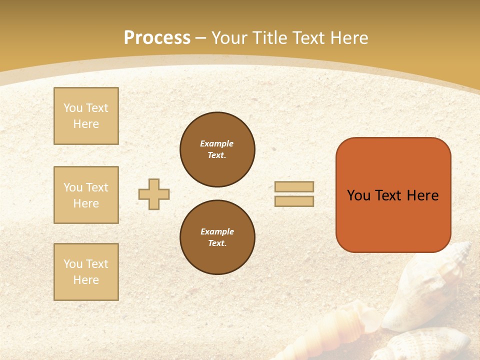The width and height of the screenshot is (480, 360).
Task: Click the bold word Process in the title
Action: [157, 38]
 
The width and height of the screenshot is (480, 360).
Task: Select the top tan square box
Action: [86, 116]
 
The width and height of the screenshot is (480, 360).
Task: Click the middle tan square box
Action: [86, 195]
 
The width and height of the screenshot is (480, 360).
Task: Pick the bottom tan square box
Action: [86, 272]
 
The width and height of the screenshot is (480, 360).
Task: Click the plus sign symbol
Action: [154, 194]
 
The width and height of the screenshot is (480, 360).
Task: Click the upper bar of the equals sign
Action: [294, 186]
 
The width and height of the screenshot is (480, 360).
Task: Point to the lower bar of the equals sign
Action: [294, 201]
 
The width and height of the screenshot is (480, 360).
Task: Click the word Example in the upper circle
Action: [217, 143]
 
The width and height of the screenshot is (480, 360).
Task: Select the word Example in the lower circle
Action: [217, 231]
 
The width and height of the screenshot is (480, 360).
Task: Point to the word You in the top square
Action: [72, 108]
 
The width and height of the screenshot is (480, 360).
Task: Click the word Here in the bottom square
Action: [86, 280]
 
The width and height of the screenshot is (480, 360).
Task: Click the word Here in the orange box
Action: [423, 195]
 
